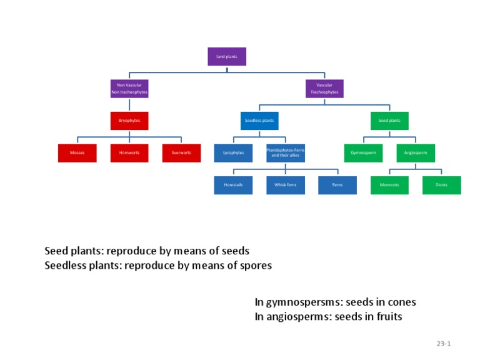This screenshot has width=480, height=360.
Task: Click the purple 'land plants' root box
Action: [x=227, y=56]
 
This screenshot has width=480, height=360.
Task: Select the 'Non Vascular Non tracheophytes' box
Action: [x=129, y=89]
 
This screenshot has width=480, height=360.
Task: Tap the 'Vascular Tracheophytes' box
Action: [x=324, y=89]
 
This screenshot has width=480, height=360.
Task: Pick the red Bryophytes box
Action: [x=129, y=121]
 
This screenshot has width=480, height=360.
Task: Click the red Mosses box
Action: [x=77, y=153]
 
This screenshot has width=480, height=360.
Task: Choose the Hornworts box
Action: [x=129, y=153]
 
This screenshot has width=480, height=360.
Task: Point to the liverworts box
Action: [x=181, y=153]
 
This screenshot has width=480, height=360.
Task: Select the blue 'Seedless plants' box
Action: [x=259, y=121]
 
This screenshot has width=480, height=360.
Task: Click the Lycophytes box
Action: [x=233, y=153]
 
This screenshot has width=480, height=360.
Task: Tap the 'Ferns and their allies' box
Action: [x=286, y=153]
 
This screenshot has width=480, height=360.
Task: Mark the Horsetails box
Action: [x=233, y=185]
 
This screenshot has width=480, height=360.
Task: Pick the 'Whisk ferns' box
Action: [x=286, y=185]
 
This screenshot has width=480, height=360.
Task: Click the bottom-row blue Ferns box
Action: [x=337, y=185]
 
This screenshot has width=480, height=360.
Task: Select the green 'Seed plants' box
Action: [x=389, y=121]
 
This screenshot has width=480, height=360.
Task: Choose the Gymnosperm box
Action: [x=363, y=153]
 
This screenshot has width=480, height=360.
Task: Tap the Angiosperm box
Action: [x=416, y=153]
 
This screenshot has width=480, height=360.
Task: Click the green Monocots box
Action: [x=389, y=185]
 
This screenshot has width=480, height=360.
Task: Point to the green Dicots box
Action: [x=441, y=185]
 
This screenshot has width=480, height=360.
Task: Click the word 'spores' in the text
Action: [x=256, y=266]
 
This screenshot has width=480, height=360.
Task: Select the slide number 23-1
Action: [x=444, y=344]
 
